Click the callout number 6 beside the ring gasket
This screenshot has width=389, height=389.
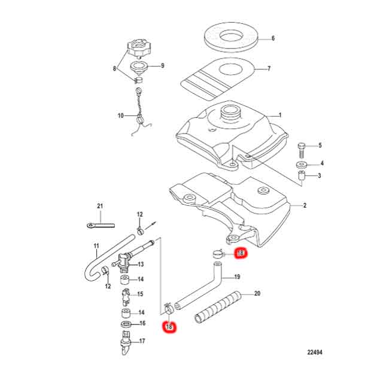[x=273, y=38]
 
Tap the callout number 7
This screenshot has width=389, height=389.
[x=269, y=69]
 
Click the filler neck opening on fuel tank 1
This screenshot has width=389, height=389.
[x=231, y=111]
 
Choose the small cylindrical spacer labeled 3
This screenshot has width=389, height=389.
[x=303, y=176]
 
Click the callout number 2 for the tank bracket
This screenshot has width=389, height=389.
[x=305, y=206]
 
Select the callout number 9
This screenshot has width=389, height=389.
[x=161, y=66]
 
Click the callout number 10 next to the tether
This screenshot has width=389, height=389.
[x=120, y=116]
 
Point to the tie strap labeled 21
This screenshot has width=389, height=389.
[x=99, y=226]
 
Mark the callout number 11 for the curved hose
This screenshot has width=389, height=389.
[x=96, y=246]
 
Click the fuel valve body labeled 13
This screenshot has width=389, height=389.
[x=124, y=261]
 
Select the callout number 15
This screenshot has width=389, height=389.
[x=141, y=294]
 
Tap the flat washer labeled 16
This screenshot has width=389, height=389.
[x=126, y=324]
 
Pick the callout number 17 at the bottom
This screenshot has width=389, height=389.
[x=142, y=342]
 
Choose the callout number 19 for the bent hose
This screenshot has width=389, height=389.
[x=236, y=277]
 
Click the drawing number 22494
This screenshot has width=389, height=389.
[x=313, y=352]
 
